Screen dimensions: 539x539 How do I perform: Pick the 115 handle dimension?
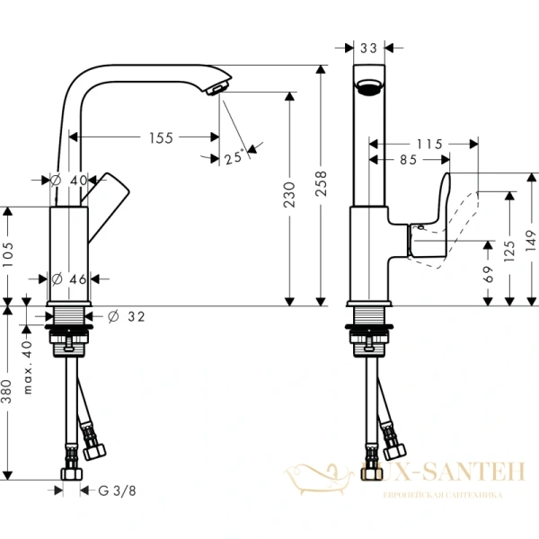(x=430, y=143)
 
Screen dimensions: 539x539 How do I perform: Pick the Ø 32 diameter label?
(x=126, y=316)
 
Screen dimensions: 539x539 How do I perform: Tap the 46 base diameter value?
(x=78, y=278)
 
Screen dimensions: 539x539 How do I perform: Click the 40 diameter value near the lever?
(x=78, y=180)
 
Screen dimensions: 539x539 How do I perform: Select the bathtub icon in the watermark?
(x=322, y=474)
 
